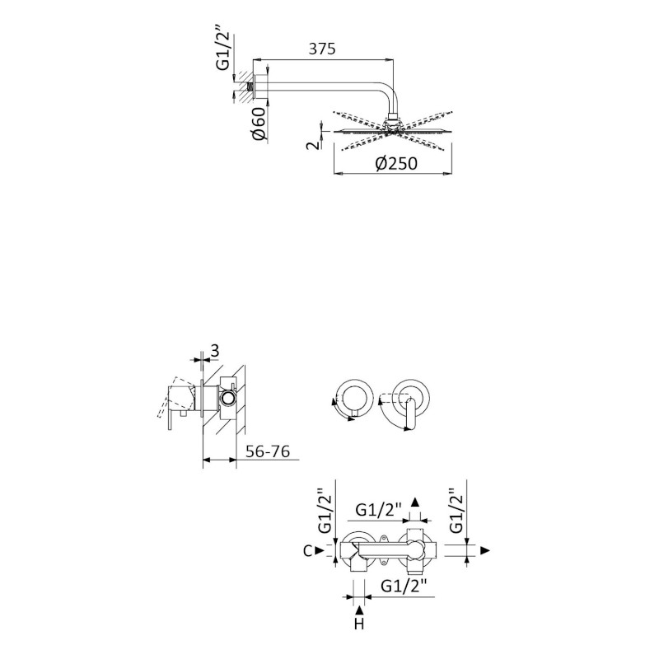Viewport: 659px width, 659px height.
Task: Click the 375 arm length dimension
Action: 322,49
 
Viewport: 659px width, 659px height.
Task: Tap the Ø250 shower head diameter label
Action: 396,163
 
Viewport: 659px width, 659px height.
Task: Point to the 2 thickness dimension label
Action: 313,146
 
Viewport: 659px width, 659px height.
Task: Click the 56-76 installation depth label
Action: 268,451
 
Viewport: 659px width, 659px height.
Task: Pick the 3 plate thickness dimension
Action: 215,351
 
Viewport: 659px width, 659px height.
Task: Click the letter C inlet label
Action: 307,550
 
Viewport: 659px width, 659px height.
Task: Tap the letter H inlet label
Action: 359,624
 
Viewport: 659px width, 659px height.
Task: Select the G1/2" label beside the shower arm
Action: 223,50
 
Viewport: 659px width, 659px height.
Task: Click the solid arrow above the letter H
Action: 359,610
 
